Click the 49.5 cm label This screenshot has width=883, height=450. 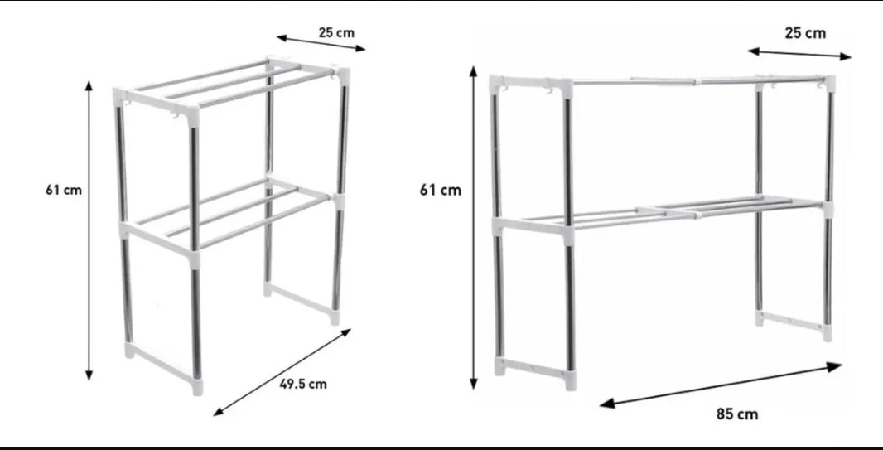pyautogui.click(x=303, y=384)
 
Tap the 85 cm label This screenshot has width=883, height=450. pyautogui.click(x=737, y=414)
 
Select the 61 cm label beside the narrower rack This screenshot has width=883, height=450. pyautogui.click(x=64, y=190)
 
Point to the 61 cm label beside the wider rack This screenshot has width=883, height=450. pyautogui.click(x=441, y=191)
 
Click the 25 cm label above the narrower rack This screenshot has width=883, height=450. pyautogui.click(x=337, y=32)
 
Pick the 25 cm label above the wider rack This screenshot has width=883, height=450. pyautogui.click(x=805, y=33)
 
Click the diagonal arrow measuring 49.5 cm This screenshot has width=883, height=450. pyautogui.click(x=282, y=372)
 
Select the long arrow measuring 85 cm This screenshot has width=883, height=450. pyautogui.click(x=721, y=385)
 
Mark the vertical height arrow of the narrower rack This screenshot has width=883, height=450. pyautogui.click(x=89, y=230)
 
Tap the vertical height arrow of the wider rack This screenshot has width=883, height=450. pyautogui.click(x=474, y=228)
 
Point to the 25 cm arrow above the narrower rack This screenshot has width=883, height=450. pyautogui.click(x=321, y=43)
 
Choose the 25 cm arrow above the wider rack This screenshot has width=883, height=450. pyautogui.click(x=799, y=54)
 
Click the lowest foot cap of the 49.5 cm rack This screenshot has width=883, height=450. pyautogui.click(x=196, y=386)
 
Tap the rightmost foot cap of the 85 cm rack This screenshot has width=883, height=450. pyautogui.click(x=827, y=332)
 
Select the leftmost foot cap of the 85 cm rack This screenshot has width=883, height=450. pyautogui.click(x=499, y=366)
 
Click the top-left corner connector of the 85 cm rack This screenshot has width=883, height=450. pyautogui.click(x=496, y=85)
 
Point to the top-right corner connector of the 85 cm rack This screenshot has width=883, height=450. pyautogui.click(x=829, y=84)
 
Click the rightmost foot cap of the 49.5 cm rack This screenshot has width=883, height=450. pyautogui.click(x=335, y=317)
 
